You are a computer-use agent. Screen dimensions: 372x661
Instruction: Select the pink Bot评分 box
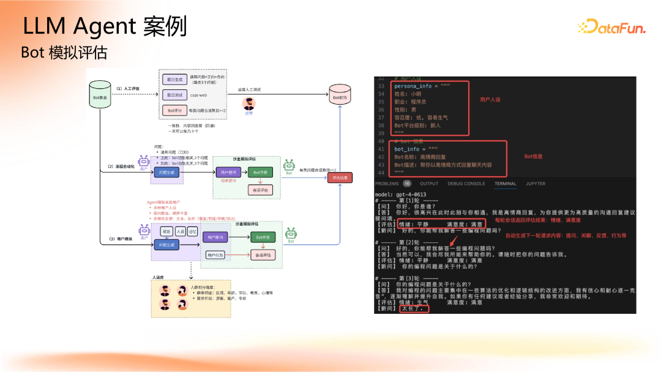(x=175, y=111)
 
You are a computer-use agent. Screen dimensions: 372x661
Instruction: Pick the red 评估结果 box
(x=340, y=178)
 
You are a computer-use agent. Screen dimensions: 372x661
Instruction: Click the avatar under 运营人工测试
(x=248, y=103)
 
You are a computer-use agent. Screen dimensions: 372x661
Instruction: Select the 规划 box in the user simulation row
(x=166, y=232)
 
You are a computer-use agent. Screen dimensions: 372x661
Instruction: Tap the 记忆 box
(x=193, y=232)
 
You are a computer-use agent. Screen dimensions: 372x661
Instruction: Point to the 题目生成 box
(x=175, y=80)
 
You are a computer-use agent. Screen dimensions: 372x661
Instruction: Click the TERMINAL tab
(x=505, y=184)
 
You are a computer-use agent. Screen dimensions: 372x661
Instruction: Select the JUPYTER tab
(x=536, y=184)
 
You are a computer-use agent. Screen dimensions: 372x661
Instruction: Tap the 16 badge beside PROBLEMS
(x=407, y=184)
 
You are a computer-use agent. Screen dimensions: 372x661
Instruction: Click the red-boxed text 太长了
(x=414, y=309)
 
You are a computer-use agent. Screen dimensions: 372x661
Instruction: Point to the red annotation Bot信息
(x=533, y=157)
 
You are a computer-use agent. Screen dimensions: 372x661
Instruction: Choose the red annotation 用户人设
(x=490, y=99)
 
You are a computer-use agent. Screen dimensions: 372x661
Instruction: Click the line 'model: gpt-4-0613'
(x=401, y=195)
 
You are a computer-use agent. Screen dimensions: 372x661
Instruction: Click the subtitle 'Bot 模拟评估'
(x=64, y=53)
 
